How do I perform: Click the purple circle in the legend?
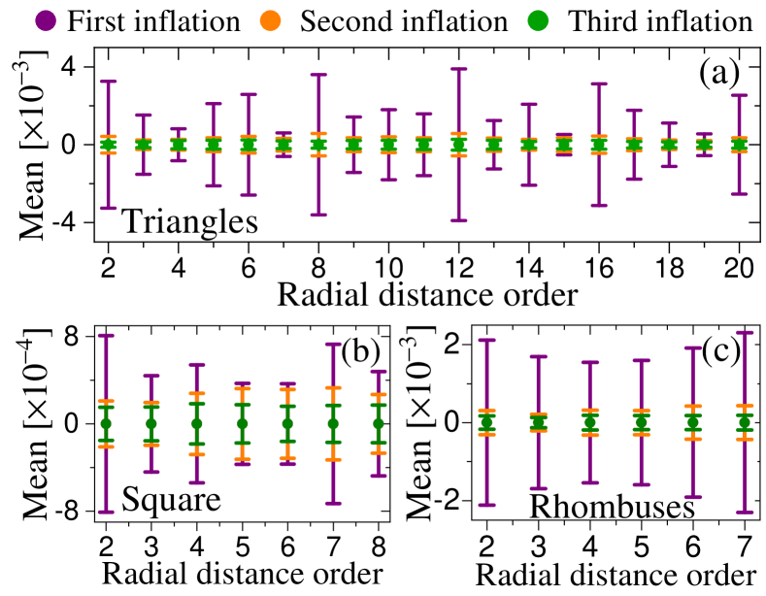click(x=46, y=20)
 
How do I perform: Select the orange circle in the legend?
click(x=270, y=20)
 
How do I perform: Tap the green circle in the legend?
click(x=538, y=20)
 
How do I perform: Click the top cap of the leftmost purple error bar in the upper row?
click(x=108, y=82)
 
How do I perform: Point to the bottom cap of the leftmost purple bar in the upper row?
click(x=108, y=208)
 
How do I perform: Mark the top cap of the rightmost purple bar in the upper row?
click(x=739, y=95)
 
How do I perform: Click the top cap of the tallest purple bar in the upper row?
click(x=458, y=69)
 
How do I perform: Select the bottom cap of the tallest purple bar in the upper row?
click(x=458, y=220)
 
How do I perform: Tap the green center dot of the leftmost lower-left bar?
click(x=106, y=423)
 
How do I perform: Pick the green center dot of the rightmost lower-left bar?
click(x=379, y=423)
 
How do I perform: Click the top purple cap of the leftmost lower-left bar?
click(x=106, y=335)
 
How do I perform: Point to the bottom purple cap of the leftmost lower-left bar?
click(x=106, y=512)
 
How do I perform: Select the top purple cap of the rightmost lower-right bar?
click(x=745, y=332)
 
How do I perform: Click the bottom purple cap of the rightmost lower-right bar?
click(x=745, y=512)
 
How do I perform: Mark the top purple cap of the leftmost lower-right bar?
click(x=486, y=340)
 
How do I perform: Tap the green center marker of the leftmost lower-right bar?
click(x=486, y=422)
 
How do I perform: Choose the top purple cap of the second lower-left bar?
click(x=151, y=375)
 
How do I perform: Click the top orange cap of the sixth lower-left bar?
click(x=333, y=387)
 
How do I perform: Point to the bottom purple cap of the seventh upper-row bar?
click(x=318, y=215)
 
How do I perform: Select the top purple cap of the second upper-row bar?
click(x=144, y=115)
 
